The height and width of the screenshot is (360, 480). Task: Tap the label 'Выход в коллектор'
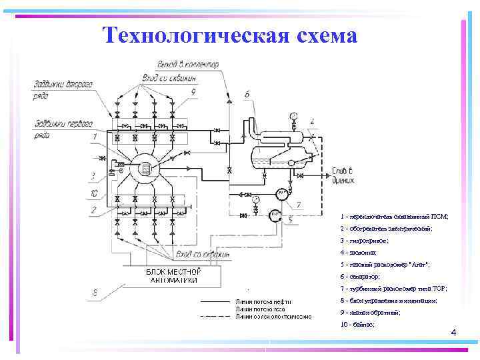pos(188,64)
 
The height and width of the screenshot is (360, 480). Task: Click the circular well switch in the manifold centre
pos(145,169)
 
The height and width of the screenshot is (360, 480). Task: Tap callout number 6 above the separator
pos(248,95)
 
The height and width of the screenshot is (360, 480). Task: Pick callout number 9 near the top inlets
pos(193,93)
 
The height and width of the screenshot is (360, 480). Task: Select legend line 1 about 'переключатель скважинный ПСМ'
pos(394,217)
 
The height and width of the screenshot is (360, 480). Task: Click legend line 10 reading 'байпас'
pos(357,324)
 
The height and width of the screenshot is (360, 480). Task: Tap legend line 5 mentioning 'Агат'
pos(385,265)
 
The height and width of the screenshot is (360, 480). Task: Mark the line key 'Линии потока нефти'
pos(263,302)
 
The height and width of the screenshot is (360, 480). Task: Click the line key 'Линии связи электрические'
pos(273,316)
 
